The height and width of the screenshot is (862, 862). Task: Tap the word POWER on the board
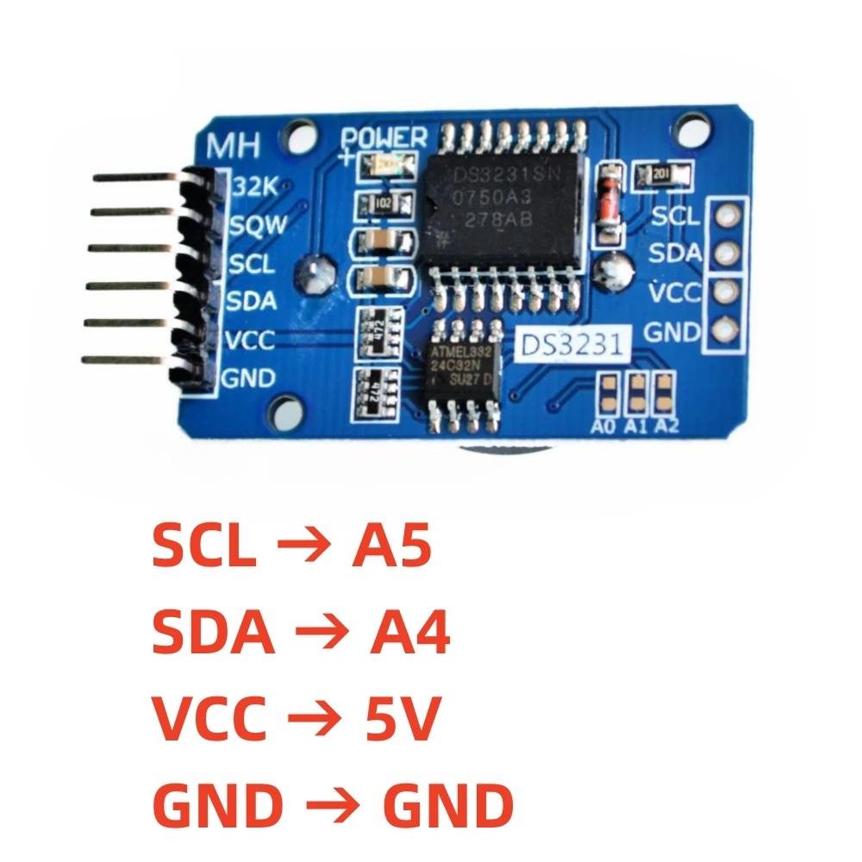[x=384, y=138]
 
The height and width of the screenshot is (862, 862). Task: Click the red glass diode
[x=609, y=201]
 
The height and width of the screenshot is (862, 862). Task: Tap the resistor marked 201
[x=662, y=176]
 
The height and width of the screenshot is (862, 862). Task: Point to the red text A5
[x=390, y=547]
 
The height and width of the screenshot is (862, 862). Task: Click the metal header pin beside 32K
[x=138, y=178]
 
